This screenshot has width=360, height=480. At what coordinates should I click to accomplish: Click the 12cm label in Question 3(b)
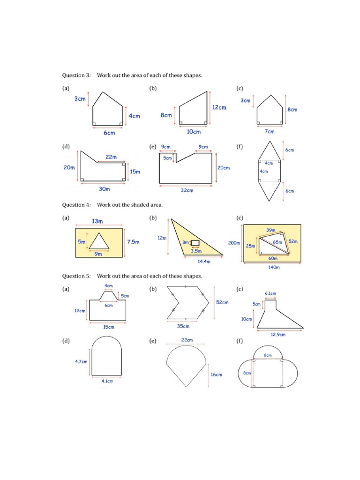[x=219, y=107]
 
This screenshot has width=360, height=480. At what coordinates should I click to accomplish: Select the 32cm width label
[x=187, y=190]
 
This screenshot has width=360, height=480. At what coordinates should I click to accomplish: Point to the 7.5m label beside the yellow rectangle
[x=134, y=242]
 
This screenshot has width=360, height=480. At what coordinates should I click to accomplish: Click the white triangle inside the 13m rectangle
[x=99, y=242]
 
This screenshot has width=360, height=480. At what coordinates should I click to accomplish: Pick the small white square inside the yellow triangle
[x=195, y=243]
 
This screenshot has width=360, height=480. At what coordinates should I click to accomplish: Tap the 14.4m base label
[x=204, y=262]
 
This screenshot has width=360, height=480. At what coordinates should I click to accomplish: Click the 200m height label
[x=234, y=243]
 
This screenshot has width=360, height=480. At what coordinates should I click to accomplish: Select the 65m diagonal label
[x=277, y=242]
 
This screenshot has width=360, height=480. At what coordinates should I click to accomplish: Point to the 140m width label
[x=273, y=268]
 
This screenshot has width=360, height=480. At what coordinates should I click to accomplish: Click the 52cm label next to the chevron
[x=222, y=302]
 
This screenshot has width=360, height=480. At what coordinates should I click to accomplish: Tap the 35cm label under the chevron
[x=183, y=326]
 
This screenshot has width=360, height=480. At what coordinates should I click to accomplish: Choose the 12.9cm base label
[x=278, y=335]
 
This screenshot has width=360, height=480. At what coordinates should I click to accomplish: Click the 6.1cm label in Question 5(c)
[x=270, y=293]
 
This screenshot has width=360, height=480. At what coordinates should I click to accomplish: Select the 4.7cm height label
[x=81, y=361]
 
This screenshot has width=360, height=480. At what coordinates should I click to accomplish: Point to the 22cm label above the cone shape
[x=186, y=340]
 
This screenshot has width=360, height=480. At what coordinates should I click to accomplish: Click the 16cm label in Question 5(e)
[x=216, y=375]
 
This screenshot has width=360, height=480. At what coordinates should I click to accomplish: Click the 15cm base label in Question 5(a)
[x=108, y=327]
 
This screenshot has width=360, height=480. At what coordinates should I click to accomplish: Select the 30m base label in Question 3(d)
[x=104, y=189]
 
